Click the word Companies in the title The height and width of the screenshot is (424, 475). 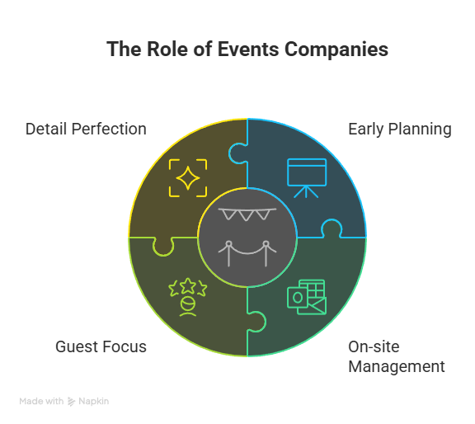tap(336, 50)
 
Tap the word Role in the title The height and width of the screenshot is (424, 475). tap(167, 49)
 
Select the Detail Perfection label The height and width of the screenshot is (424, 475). tap(86, 130)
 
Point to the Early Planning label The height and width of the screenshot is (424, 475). tap(400, 130)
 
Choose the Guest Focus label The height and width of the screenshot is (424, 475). tap(101, 346)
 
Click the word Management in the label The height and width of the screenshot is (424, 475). tap(397, 367)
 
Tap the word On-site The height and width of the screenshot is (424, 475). tap(374, 346)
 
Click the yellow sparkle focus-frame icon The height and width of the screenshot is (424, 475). tap(188, 178)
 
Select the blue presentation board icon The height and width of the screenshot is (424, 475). tap(307, 178)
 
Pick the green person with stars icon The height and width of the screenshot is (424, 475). tap(188, 297)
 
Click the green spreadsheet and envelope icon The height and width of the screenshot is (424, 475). tap(307, 297)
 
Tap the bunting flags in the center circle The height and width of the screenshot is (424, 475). tap(247, 214)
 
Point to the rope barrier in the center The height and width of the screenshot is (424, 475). tap(247, 253)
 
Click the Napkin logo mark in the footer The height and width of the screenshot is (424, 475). tap(71, 401)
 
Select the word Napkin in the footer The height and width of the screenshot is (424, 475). tap(94, 401)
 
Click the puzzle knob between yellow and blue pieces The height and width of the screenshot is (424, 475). tap(238, 153)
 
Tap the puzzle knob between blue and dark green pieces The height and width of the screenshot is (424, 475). tap(332, 228)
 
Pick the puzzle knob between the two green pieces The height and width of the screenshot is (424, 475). tap(257, 322)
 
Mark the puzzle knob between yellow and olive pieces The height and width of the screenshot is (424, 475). tap(163, 247)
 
